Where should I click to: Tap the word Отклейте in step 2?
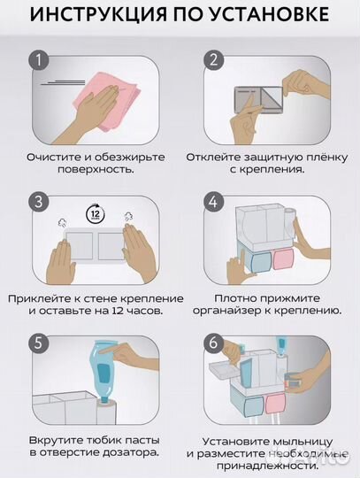point(213,158)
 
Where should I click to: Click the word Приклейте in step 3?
point(49,297)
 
